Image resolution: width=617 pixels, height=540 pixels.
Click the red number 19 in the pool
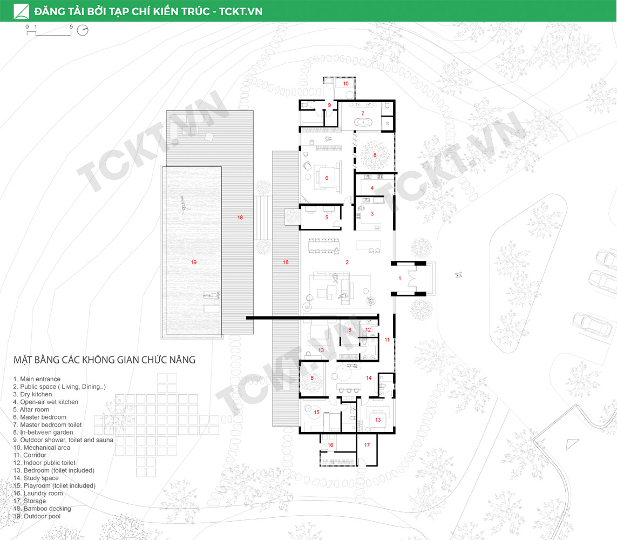pyautogui.click(x=194, y=262)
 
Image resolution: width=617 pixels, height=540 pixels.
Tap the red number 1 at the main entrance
pyautogui.click(x=400, y=278)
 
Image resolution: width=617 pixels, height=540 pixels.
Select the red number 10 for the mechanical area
pyautogui.click(x=346, y=84)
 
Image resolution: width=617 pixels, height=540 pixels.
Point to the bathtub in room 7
pyautogui.click(x=363, y=123)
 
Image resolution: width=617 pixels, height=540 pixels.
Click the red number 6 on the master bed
pyautogui.click(x=327, y=178)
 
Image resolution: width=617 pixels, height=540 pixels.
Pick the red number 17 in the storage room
pyautogui.click(x=367, y=445)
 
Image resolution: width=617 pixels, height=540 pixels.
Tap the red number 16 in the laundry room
pyautogui.click(x=330, y=445)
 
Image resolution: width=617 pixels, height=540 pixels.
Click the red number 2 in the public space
pyautogui.click(x=347, y=262)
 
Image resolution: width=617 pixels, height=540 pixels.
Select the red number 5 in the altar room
pyautogui.click(x=327, y=217)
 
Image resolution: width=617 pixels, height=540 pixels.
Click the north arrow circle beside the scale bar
pyautogui.click(x=83, y=30)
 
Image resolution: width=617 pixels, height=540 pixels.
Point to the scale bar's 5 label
pyautogui.click(x=71, y=27)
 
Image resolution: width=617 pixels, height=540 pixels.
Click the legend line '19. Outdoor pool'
pyautogui.click(x=37, y=516)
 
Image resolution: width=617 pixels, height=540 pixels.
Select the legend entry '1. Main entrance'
pyautogui.click(x=37, y=379)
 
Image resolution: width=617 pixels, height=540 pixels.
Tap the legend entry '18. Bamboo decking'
pyautogui.click(x=42, y=509)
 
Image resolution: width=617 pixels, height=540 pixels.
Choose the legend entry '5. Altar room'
pyautogui.click(x=31, y=409)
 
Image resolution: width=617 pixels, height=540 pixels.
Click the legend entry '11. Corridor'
pyautogui.click(x=30, y=455)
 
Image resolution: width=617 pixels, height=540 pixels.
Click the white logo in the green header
pyautogui.click(x=21, y=11)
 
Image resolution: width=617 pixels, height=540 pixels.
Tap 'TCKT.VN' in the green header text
pyautogui.click(x=241, y=11)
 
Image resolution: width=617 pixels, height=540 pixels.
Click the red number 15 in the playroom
pyautogui.click(x=317, y=412)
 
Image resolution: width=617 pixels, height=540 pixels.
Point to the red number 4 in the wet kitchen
pyautogui.click(x=372, y=188)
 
